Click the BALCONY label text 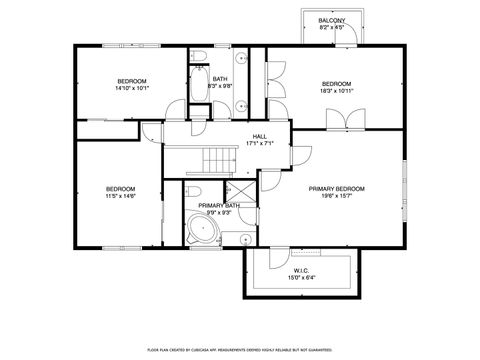click(x=332, y=20)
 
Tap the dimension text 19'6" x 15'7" click(x=336, y=197)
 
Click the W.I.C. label click(x=301, y=270)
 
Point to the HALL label click(x=259, y=136)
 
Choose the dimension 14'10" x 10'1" click(x=132, y=88)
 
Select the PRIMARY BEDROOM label click(x=336, y=189)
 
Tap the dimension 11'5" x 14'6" click(x=121, y=197)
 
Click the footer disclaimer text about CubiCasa click(x=240, y=350)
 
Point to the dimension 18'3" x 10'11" click(x=336, y=91)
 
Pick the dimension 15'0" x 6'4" click(x=301, y=278)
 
